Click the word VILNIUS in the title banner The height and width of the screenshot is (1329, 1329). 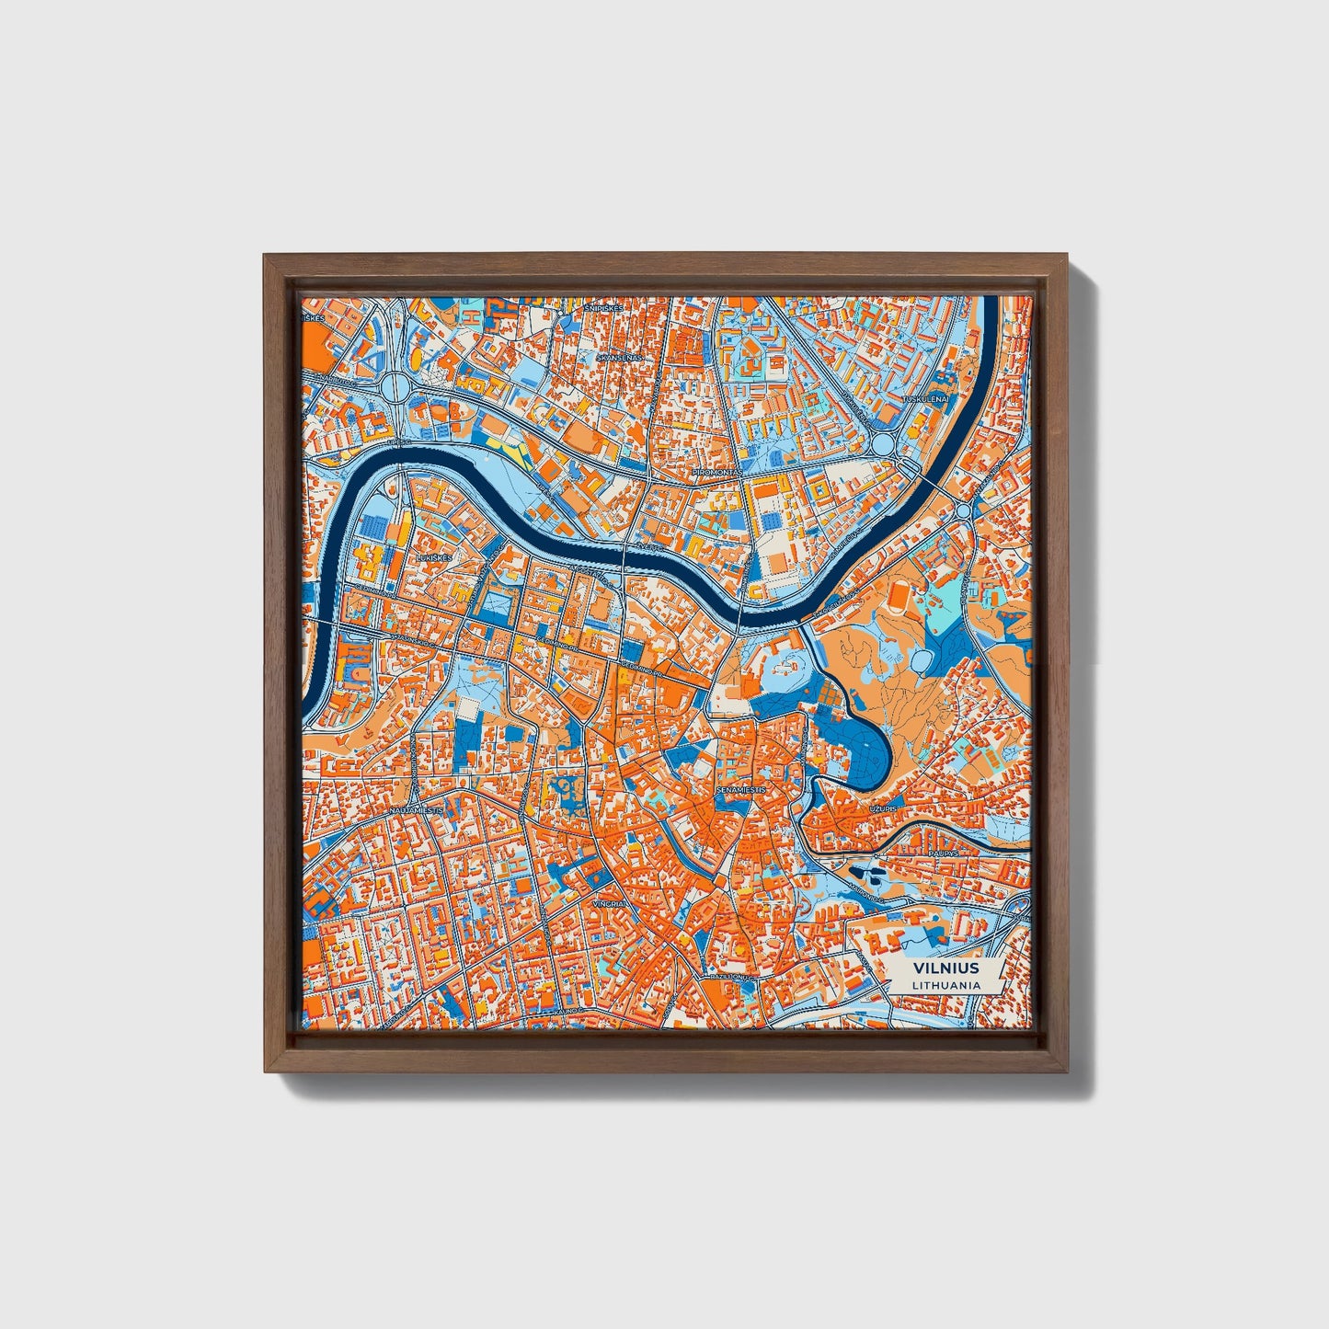point(945,968)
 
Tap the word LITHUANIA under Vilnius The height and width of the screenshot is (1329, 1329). point(945,985)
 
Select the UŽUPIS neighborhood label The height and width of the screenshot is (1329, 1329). point(883,808)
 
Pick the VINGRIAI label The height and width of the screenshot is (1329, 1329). point(609,904)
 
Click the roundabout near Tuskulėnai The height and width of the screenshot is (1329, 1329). point(884,444)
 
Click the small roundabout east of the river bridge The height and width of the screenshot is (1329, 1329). point(963,510)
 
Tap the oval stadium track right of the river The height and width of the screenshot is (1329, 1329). point(897,599)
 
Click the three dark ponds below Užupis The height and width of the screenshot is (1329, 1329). point(868,873)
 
